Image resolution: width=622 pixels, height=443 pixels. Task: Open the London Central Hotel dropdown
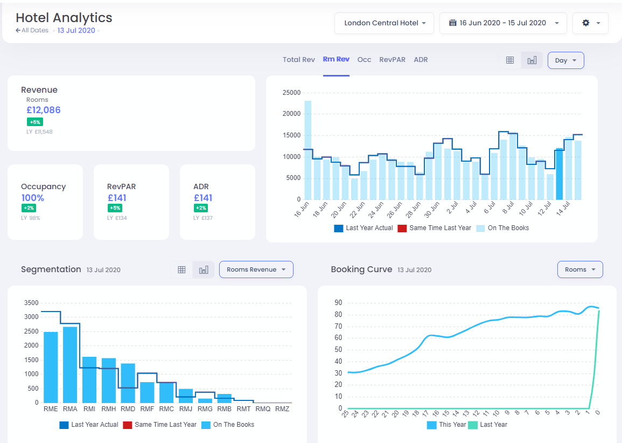tap(384, 23)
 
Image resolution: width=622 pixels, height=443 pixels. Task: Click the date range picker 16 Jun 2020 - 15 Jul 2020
tap(503, 23)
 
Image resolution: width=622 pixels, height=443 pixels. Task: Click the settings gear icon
tap(590, 23)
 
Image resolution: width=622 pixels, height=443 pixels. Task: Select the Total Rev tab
tap(298, 60)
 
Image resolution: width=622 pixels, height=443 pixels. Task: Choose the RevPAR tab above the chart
tap(392, 60)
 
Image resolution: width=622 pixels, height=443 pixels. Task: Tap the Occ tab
tap(364, 60)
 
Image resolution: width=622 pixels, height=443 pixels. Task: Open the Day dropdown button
tap(565, 60)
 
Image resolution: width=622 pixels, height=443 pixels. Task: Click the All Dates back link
tap(32, 31)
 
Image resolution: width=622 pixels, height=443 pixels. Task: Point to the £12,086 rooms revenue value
tap(44, 110)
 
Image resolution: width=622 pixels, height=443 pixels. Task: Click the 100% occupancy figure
tap(33, 198)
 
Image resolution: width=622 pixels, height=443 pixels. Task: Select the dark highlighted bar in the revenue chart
tap(559, 174)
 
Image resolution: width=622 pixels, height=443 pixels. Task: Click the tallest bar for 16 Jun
tap(307, 150)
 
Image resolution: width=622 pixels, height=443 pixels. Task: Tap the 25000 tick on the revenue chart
tap(291, 93)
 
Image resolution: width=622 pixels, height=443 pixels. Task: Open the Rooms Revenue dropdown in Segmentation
tap(256, 269)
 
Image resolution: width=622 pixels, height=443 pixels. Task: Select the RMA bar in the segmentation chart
tap(70, 364)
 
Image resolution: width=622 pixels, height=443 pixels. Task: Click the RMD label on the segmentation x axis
tap(128, 409)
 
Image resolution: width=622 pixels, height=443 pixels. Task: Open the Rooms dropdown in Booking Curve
tap(579, 269)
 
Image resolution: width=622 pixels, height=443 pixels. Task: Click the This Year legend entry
tap(446, 425)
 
